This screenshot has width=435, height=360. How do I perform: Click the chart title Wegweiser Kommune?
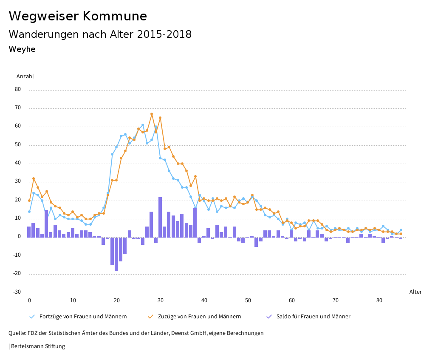click(78, 16)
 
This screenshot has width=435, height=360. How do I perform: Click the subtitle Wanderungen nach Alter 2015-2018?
click(100, 34)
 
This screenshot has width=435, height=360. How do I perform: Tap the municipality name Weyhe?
click(22, 49)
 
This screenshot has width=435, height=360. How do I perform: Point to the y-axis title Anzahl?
click(25, 77)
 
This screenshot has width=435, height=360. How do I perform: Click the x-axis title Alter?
click(415, 292)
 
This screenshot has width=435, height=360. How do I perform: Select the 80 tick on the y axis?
click(18, 90)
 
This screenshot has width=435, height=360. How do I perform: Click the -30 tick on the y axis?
click(17, 292)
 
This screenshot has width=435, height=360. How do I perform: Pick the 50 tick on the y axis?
click(18, 145)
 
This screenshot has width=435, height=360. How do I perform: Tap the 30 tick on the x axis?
click(160, 300)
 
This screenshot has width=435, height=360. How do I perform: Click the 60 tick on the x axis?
click(291, 300)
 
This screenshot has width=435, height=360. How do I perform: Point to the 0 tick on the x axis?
click(29, 300)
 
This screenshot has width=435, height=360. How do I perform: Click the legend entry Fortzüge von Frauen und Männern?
click(83, 317)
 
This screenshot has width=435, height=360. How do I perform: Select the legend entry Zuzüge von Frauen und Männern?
click(199, 317)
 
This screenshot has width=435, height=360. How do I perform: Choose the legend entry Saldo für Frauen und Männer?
click(313, 317)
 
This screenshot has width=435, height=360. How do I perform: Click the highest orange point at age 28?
click(152, 114)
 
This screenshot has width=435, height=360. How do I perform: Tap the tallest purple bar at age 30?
click(160, 217)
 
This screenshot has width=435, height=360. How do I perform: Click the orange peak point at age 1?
click(34, 179)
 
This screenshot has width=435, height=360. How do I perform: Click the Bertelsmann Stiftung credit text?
click(38, 346)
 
